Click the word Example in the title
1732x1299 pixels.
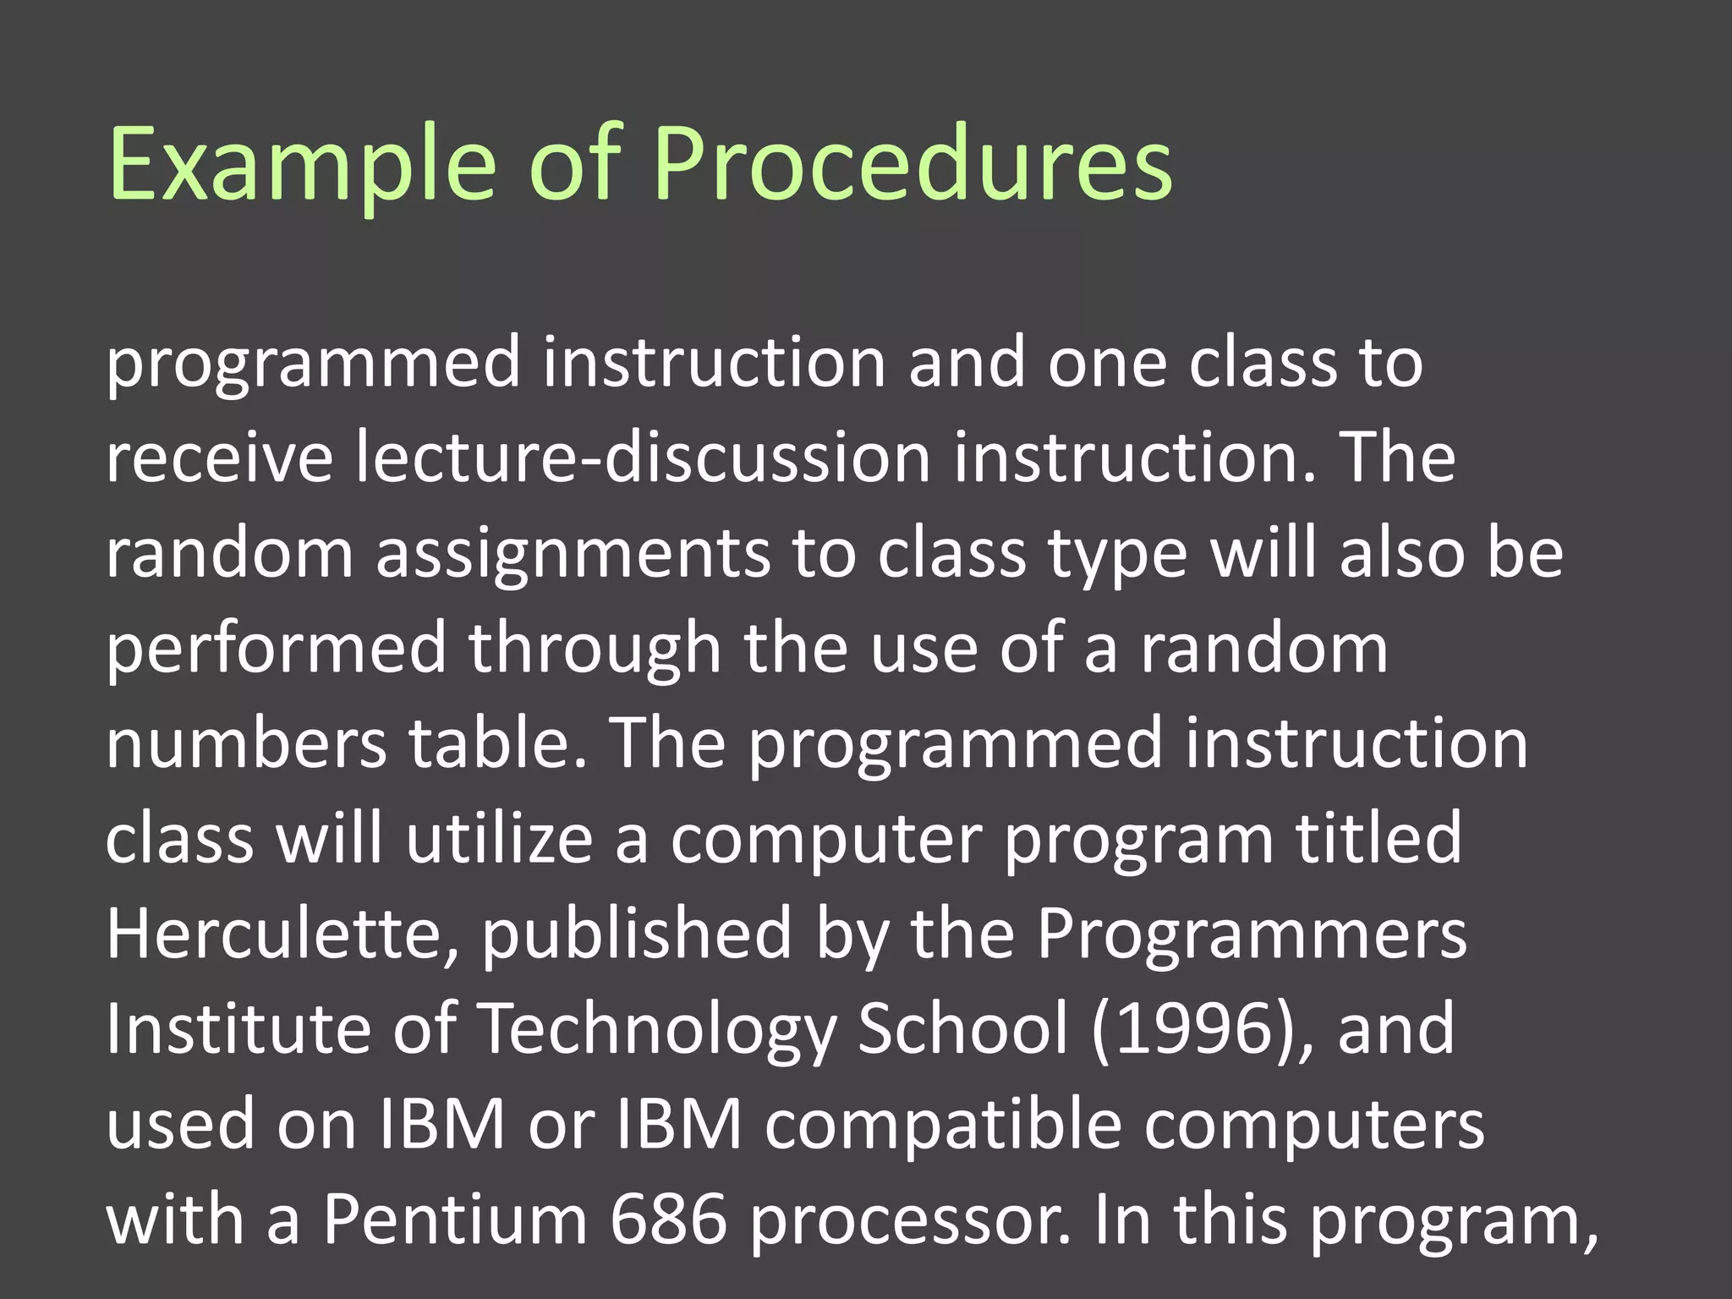(x=300, y=165)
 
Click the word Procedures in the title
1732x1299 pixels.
(x=913, y=165)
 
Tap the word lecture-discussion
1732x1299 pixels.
(x=643, y=458)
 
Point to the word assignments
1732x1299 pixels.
(x=573, y=554)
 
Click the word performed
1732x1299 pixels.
(x=276, y=649)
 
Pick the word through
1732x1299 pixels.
(x=595, y=649)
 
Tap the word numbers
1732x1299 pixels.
(x=246, y=743)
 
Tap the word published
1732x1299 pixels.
(x=636, y=935)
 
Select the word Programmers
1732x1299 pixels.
(x=1252, y=935)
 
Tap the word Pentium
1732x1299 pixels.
(x=455, y=1220)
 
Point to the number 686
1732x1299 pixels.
(x=668, y=1220)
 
